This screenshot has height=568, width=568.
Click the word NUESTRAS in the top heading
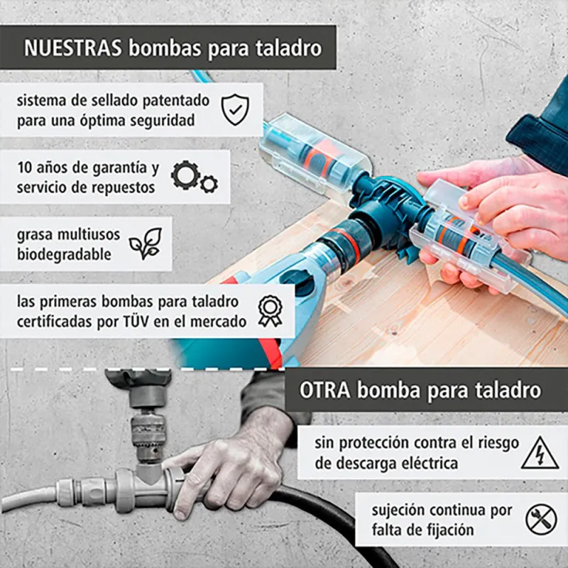tap(73, 48)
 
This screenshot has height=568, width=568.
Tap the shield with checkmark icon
tap(235, 109)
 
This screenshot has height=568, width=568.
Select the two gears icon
tap(194, 177)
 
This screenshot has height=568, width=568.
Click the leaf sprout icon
tap(146, 244)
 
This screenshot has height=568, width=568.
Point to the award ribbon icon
tap(271, 311)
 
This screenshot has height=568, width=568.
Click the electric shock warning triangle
tap(540, 453)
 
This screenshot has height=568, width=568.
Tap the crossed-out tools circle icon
tap(541, 520)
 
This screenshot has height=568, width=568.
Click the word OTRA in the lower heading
tap(324, 390)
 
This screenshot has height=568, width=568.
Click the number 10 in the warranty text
tap(25, 168)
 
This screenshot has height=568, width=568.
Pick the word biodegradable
tap(64, 254)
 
